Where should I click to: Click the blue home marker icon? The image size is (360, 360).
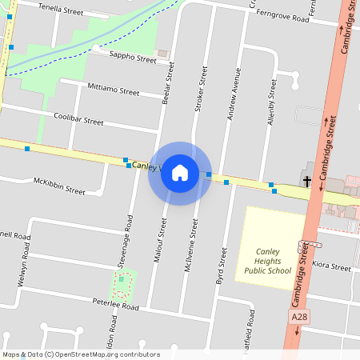180,173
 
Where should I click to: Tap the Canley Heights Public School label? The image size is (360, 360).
268,260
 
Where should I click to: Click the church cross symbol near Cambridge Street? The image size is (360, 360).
307,182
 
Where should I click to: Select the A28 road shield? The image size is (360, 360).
298,318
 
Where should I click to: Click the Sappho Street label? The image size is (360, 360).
134,58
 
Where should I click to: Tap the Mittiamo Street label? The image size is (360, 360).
114,91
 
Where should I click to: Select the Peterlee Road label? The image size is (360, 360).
116,306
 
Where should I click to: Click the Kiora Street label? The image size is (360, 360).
331,266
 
